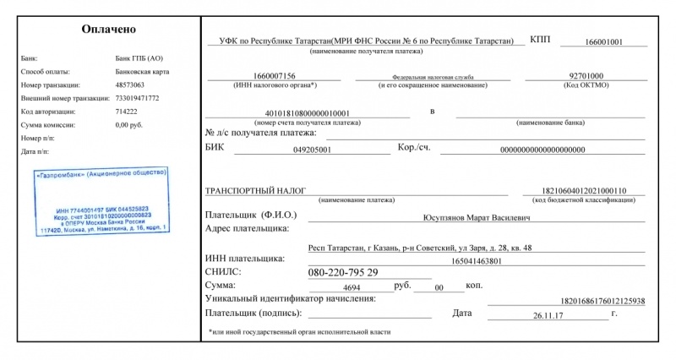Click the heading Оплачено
tap(108, 29)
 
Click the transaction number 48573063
tap(129, 85)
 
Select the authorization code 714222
tap(127, 111)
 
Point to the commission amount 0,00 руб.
tap(130, 124)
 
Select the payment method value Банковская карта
tap(142, 72)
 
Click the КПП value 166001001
tap(603, 41)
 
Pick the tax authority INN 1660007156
tap(274, 76)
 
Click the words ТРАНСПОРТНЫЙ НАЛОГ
tap(255, 191)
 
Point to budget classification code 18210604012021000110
tap(597, 191)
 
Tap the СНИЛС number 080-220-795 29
tap(343, 272)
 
